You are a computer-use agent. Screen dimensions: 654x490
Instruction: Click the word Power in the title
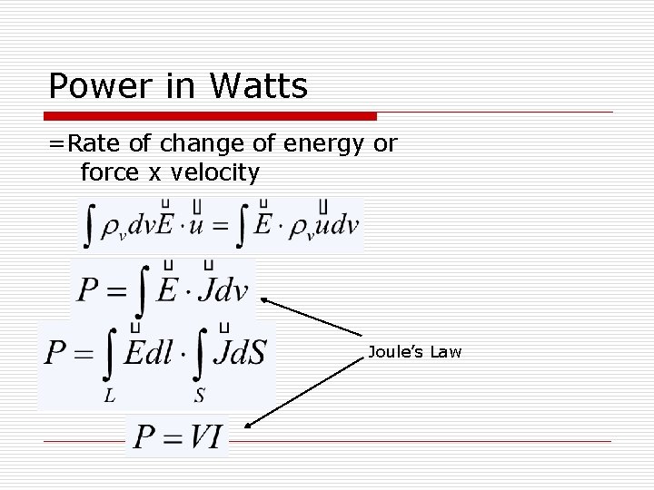(99, 87)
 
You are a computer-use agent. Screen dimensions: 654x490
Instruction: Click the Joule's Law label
(415, 352)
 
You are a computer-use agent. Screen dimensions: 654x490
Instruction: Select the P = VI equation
(178, 437)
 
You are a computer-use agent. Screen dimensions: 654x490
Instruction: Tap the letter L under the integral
(109, 395)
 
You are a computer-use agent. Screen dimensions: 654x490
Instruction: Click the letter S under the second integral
(200, 395)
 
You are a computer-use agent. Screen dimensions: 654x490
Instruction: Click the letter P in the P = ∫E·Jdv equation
(87, 290)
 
